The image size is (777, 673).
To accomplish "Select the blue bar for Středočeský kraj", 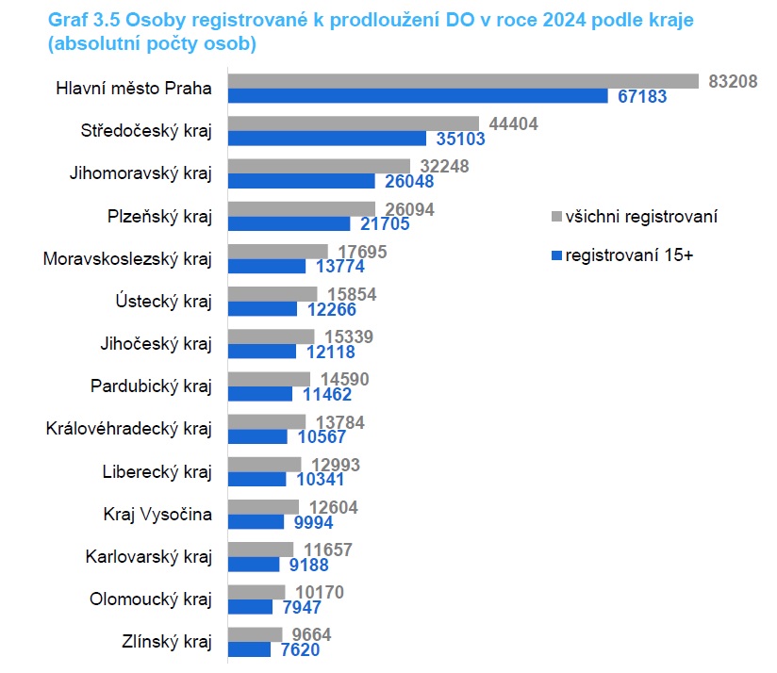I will coord(330,140).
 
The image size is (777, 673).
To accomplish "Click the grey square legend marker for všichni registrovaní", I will coord(555,217).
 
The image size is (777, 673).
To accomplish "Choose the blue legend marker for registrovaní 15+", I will coord(555,255).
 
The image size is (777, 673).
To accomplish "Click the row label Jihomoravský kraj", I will coord(141,173).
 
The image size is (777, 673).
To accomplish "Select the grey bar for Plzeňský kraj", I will coord(302,209).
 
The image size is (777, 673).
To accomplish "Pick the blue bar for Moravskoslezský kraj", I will coord(268,266).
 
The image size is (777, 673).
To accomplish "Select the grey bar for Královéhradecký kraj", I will coord(268,421).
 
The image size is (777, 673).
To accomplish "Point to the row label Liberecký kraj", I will coord(157,471).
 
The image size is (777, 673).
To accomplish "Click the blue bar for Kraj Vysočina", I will coord(256,521).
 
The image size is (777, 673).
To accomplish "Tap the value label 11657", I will coord(332,550).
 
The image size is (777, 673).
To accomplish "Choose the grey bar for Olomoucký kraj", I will coord(257,592).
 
